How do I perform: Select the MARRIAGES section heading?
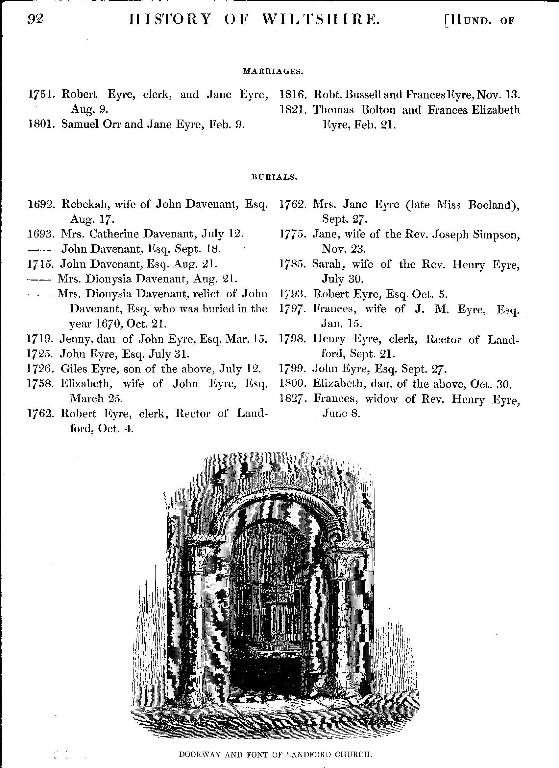273,72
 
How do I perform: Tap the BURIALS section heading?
274,177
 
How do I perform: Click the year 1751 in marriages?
41,95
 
